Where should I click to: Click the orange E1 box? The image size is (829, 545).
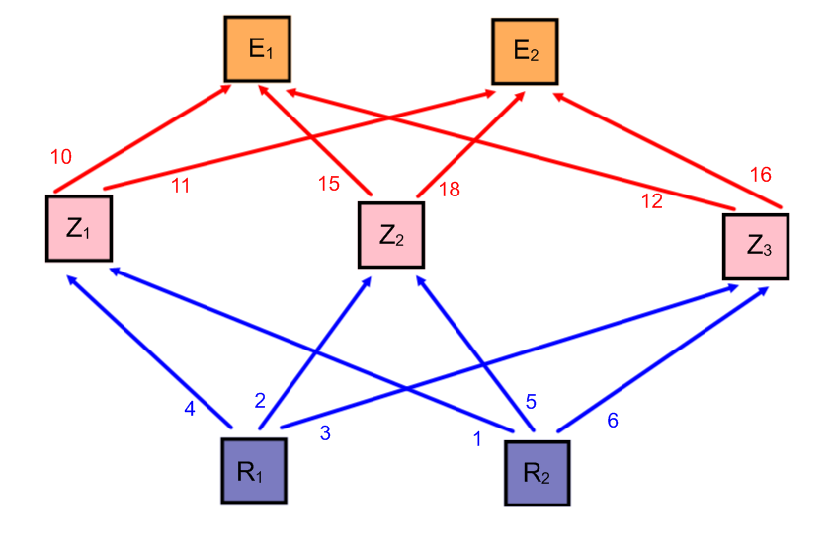click(x=257, y=48)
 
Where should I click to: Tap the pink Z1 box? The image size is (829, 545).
click(x=78, y=228)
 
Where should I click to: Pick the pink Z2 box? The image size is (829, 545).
click(x=390, y=235)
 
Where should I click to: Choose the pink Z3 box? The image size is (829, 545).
click(x=756, y=245)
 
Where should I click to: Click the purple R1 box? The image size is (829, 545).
click(x=254, y=469)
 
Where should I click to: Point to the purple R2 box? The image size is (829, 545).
click(x=539, y=472)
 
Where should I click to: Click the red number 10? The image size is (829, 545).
click(x=61, y=156)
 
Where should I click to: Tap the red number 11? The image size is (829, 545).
click(x=180, y=184)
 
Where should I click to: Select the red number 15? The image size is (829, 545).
click(x=329, y=184)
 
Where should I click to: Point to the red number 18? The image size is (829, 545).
click(x=449, y=190)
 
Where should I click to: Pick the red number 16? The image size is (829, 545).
click(x=760, y=175)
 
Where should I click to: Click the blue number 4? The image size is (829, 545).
click(x=190, y=409)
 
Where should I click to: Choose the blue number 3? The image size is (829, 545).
click(x=324, y=432)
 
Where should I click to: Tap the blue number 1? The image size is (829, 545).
click(x=477, y=439)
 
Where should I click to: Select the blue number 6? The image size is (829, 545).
click(x=612, y=420)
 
